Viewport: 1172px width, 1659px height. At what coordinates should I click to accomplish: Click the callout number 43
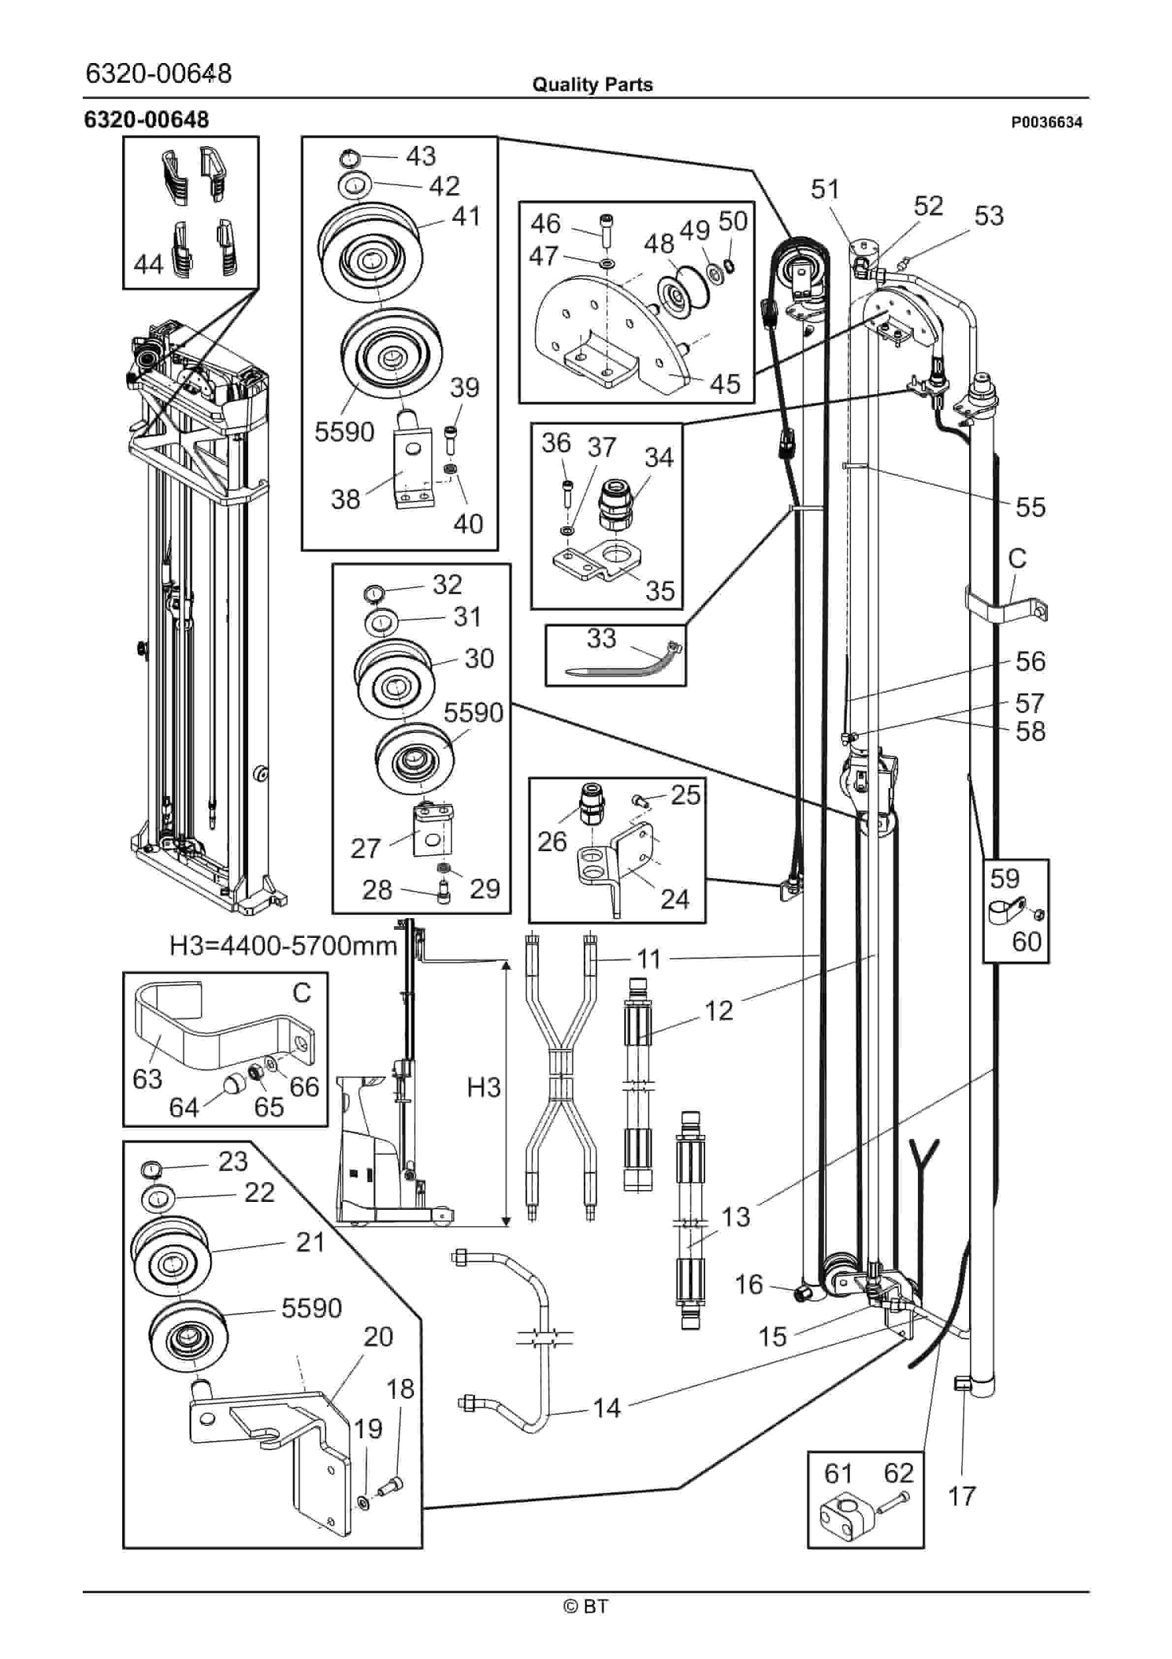pyautogui.click(x=421, y=156)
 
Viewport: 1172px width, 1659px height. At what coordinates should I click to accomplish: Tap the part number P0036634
pyautogui.click(x=1047, y=123)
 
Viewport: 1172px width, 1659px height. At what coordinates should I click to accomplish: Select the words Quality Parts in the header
pyautogui.click(x=592, y=85)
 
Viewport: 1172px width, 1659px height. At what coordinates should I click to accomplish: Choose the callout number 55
pyautogui.click(x=1030, y=507)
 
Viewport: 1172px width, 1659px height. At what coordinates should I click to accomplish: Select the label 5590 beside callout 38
pyautogui.click(x=345, y=432)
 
